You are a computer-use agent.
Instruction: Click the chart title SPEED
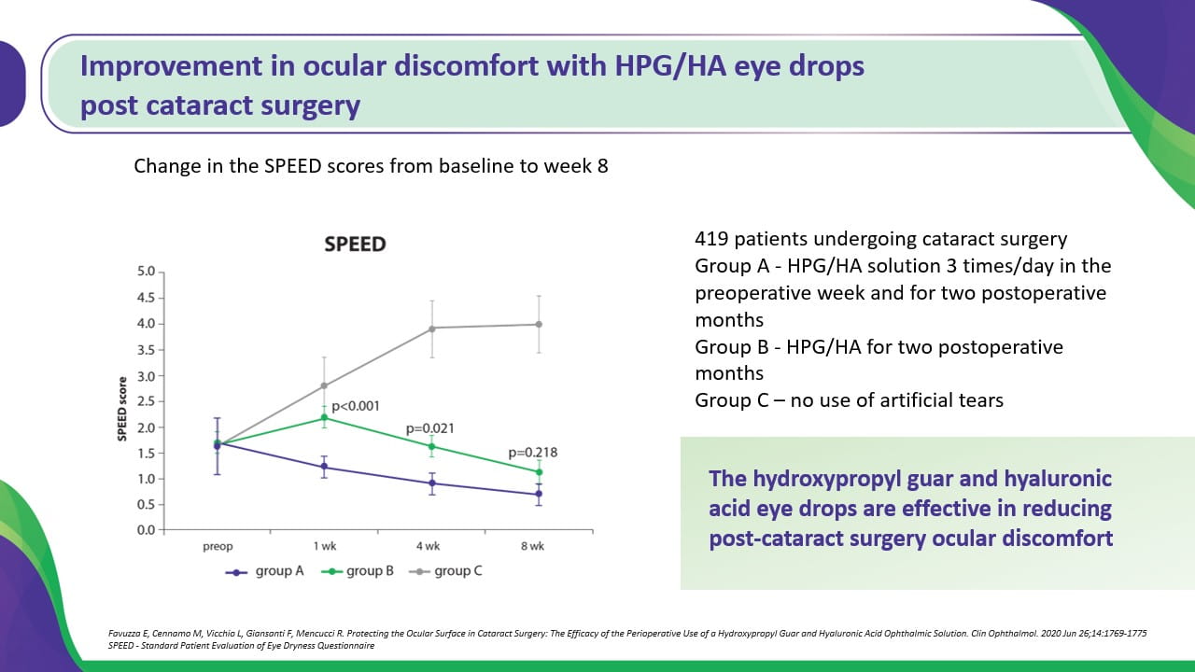[355, 245]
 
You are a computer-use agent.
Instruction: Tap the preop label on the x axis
[218, 546]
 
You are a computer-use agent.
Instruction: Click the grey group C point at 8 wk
[539, 324]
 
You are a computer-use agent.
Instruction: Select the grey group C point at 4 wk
[431, 329]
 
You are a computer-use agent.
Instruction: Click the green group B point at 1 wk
[324, 417]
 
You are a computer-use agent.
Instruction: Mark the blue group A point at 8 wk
[539, 494]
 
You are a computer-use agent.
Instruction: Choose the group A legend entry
[266, 570]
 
